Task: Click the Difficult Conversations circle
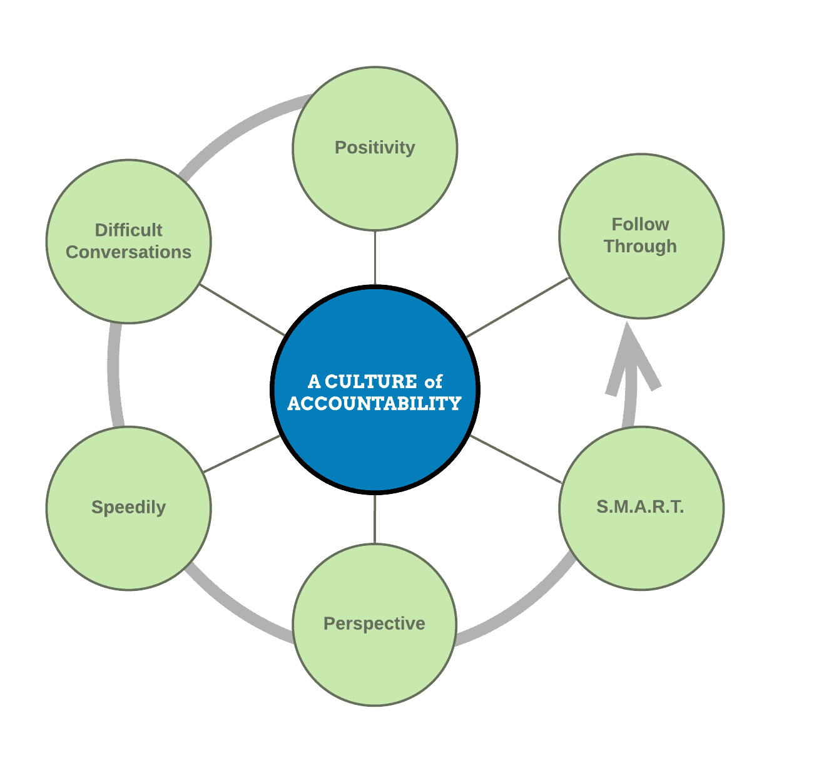(x=128, y=282)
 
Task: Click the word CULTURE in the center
(x=371, y=381)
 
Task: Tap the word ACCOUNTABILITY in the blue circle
(x=374, y=404)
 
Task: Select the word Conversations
(x=128, y=252)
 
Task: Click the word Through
(x=640, y=247)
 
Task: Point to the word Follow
(x=640, y=224)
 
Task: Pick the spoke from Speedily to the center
(x=241, y=454)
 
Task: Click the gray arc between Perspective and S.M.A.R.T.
(x=519, y=610)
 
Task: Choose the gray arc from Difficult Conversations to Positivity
(x=238, y=128)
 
